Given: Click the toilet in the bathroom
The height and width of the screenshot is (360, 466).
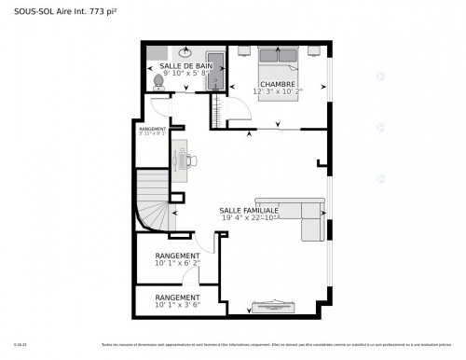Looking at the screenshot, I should click(x=158, y=81).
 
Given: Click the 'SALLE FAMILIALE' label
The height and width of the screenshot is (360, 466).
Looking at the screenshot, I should click(x=248, y=211).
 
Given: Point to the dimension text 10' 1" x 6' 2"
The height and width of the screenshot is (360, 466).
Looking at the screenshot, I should click(x=177, y=264).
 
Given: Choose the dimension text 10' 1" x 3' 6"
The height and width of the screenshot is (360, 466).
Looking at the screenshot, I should click(x=177, y=304).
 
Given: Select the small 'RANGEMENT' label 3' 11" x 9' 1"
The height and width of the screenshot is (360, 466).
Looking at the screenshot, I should click(x=152, y=130).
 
